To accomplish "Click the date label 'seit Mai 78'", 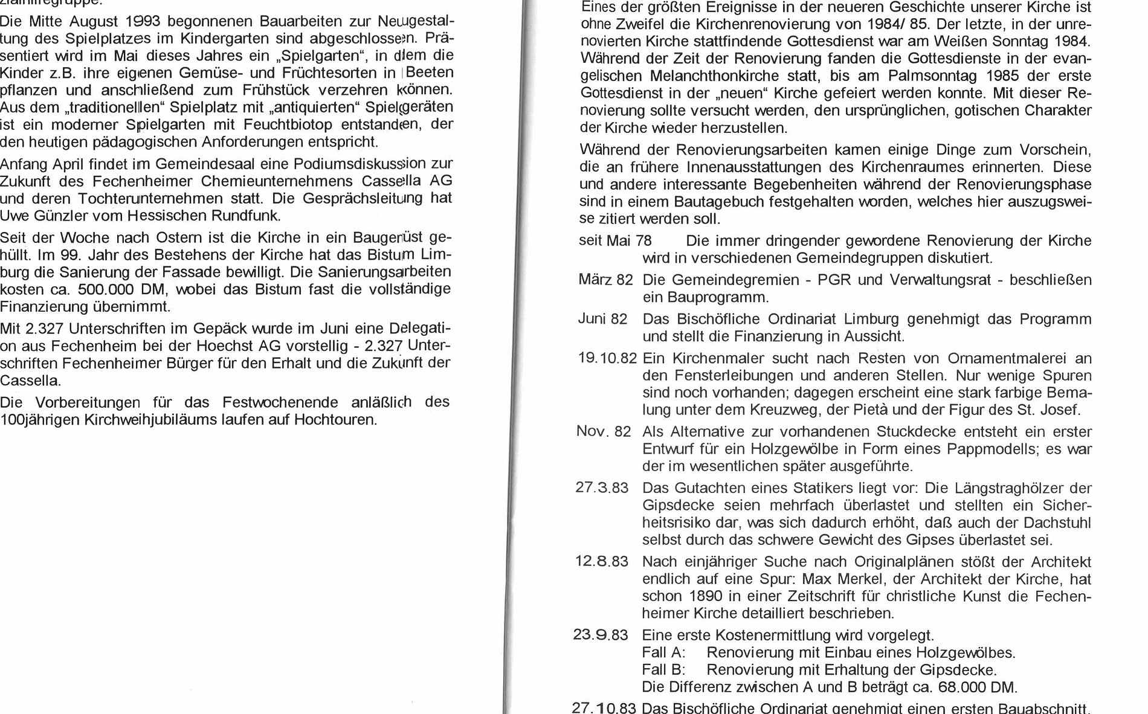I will (615, 241).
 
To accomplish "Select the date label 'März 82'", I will (605, 280).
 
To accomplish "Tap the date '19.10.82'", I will (607, 358).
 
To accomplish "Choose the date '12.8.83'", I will (601, 562).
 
